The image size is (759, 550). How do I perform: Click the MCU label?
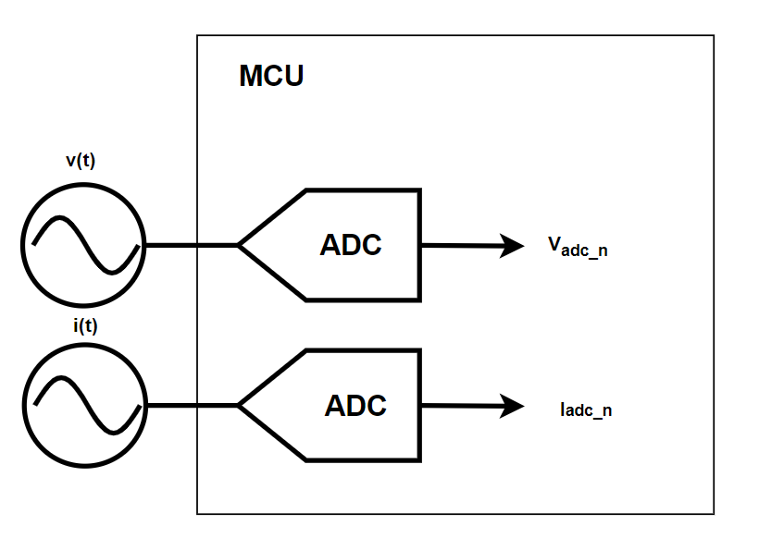(271, 76)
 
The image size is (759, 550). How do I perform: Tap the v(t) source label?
(81, 160)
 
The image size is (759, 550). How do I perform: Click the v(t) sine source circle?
(83, 245)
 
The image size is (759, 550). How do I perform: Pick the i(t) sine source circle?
(83, 405)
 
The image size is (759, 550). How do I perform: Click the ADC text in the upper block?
(351, 246)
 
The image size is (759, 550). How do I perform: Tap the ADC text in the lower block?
(355, 406)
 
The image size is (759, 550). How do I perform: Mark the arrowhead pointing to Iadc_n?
(513, 406)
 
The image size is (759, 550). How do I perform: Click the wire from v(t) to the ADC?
(191, 245)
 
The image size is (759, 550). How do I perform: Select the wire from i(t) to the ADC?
(191, 405)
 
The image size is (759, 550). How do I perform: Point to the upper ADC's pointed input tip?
(241, 245)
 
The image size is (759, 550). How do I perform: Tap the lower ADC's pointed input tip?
(241, 405)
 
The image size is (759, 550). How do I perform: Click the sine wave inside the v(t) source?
(83, 245)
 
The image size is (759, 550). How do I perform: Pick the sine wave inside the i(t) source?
(83, 405)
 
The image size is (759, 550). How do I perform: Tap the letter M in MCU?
(250, 76)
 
